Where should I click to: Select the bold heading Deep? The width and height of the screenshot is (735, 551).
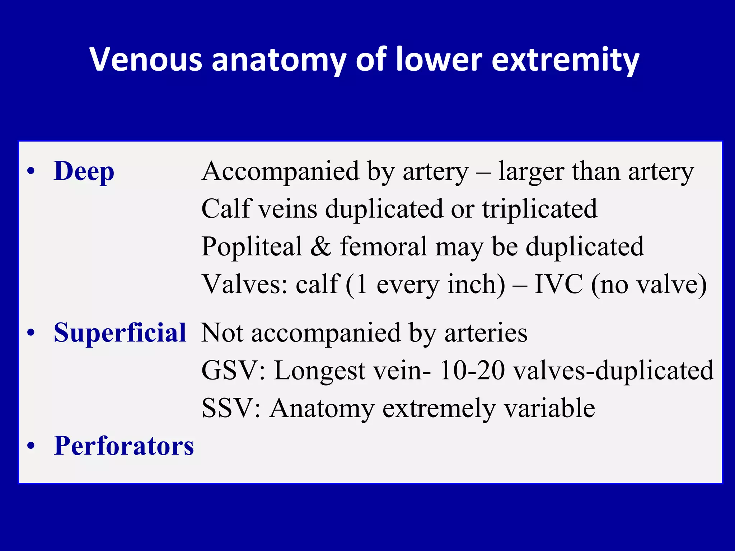pos(84,171)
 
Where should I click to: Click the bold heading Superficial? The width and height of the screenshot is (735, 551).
pos(120,333)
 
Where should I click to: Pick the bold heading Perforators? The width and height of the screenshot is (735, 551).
pos(124,446)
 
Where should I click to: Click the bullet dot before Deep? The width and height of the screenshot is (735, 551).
pos(31,171)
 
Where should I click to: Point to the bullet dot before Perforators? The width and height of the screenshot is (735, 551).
pos(31,446)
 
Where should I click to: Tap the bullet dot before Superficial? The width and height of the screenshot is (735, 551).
pos(31,333)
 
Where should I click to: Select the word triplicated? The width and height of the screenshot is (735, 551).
pos(540,209)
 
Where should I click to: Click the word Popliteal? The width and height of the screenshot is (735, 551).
pos(252,247)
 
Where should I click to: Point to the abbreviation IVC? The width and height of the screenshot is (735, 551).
pos(558,284)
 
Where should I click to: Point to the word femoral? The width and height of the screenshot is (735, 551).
pos(384,246)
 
